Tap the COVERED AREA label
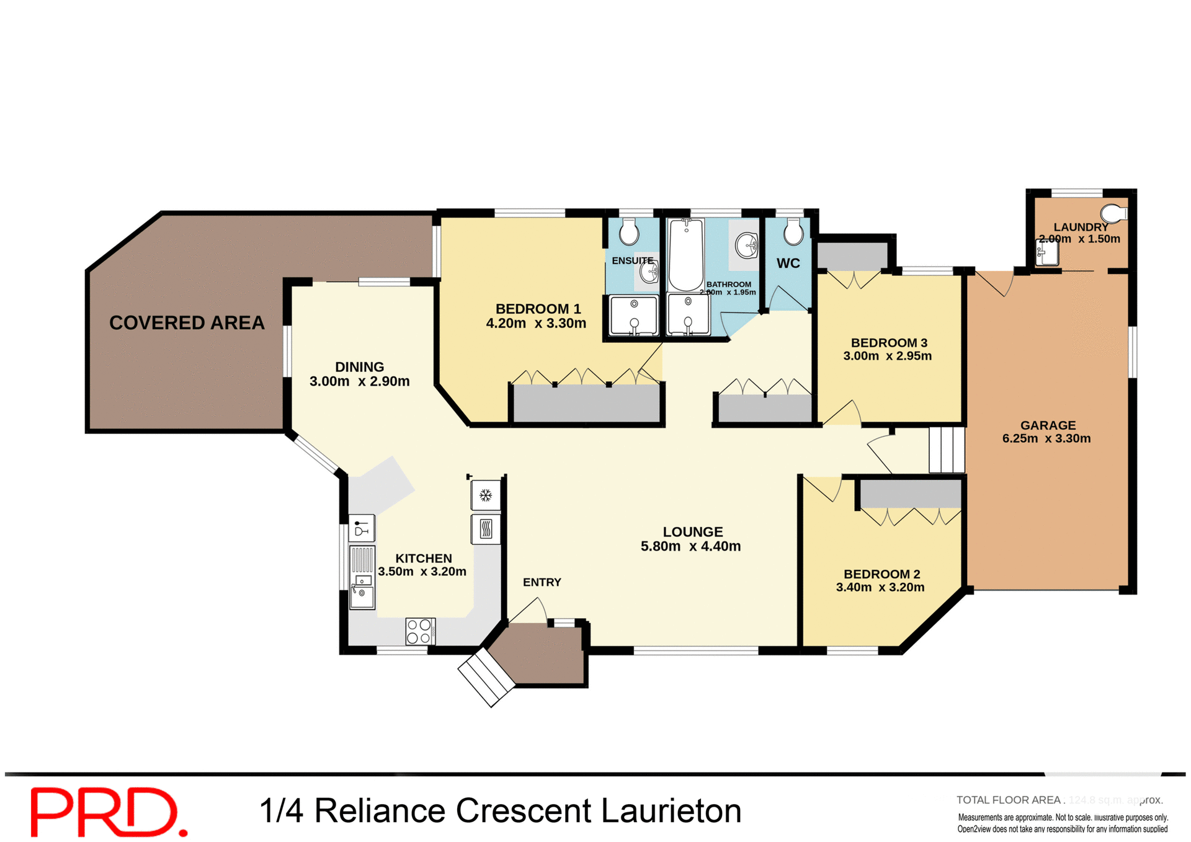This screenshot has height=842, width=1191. [187, 322]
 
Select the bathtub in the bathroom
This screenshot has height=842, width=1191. [686, 254]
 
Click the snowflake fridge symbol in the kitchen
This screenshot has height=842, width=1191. [486, 495]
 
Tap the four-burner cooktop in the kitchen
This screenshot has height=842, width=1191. [419, 631]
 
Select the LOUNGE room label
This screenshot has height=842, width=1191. [692, 531]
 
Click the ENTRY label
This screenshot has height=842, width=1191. [542, 582]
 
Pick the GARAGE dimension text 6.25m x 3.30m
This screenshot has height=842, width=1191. [1046, 438]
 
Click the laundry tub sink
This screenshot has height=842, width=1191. [1048, 253]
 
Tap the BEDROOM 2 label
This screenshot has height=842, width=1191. [881, 574]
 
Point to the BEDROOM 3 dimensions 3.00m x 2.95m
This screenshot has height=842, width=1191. [887, 356]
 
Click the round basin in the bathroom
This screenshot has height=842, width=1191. [746, 245]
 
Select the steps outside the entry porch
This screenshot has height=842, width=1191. [486, 677]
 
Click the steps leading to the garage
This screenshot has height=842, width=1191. [946, 450]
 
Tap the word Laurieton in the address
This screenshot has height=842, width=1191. [671, 811]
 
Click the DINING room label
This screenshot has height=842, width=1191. [359, 367]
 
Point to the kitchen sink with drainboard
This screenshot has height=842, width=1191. [362, 577]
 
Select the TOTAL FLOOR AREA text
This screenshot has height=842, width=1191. [1009, 800]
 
